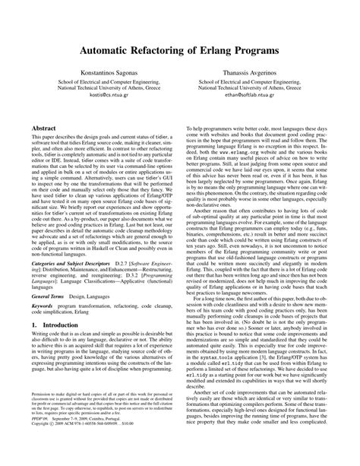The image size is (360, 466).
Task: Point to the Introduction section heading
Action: point(53,324)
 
